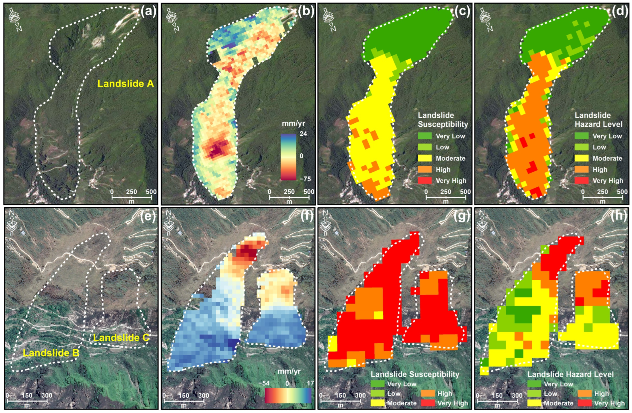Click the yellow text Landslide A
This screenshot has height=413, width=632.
126,84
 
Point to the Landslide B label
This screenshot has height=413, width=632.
51,353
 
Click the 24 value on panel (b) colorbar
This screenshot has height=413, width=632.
303,134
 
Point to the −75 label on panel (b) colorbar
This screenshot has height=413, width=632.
305,179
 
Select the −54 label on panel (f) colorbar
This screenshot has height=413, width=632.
264,383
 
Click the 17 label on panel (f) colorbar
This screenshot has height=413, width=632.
310,383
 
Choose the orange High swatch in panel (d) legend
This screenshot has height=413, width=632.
582,169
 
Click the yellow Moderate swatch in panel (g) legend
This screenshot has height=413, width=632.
378,403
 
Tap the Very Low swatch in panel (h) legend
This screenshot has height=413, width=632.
534,384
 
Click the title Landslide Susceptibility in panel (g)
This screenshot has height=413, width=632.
415,374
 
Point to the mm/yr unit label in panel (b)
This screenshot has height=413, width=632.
293,123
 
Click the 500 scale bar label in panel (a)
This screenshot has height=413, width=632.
151,192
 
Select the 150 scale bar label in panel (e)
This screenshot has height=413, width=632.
27,396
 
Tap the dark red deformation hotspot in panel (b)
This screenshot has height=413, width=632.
216,151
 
